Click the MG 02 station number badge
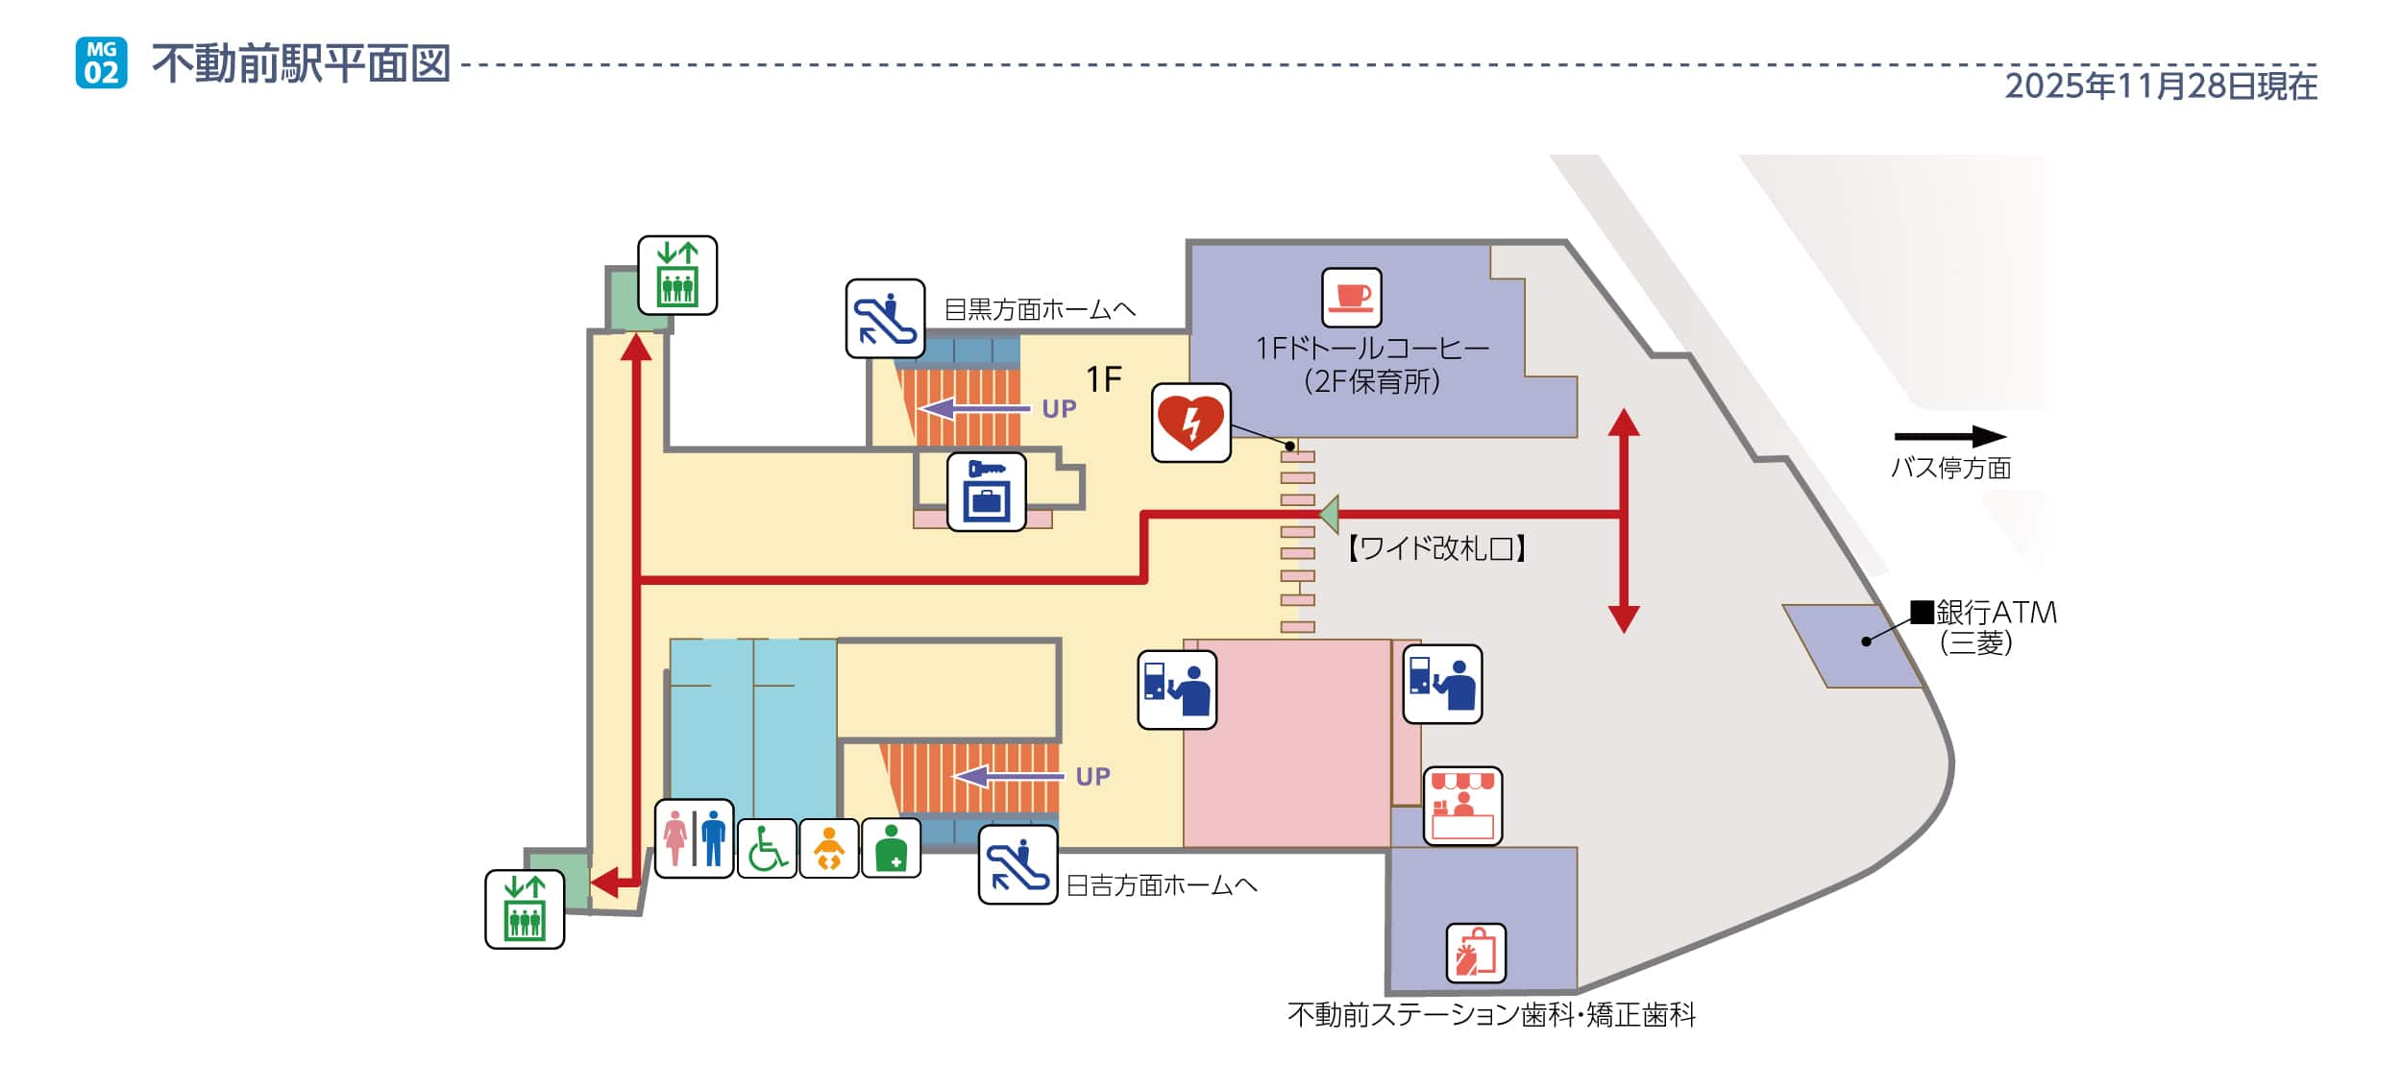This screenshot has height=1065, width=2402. tap(101, 63)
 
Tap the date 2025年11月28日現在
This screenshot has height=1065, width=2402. tap(2160, 86)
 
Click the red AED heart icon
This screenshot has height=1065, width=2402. tap(1190, 423)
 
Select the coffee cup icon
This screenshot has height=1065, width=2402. tap(1351, 297)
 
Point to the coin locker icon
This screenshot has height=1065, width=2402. tap(986, 492)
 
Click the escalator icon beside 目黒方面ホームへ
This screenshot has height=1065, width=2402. tap(885, 319)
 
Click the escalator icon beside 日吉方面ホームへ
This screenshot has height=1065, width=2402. tap(1017, 864)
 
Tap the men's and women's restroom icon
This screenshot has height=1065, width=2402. tap(694, 838)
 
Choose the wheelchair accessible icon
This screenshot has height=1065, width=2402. tap(767, 848)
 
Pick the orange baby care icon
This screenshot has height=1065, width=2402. tap(828, 848)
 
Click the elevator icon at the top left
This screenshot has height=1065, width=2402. tap(677, 276)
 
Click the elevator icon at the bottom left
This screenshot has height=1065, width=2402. tap(525, 908)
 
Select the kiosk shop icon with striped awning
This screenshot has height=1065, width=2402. tap(1461, 806)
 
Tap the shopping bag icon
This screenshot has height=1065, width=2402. tap(1476, 953)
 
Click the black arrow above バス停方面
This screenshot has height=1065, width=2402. tap(1949, 437)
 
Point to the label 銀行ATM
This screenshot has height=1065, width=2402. tap(1995, 613)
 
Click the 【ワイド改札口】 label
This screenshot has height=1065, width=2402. tap(1436, 548)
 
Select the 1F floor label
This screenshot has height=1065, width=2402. tap(1104, 380)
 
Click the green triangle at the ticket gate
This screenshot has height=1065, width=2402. tap(1329, 514)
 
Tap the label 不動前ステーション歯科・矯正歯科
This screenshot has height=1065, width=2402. tap(1491, 1015)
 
